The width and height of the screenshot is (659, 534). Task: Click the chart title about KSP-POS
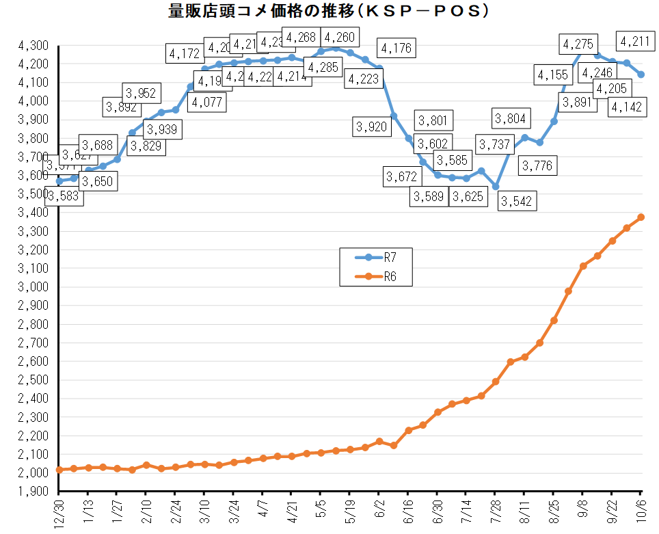point(329,12)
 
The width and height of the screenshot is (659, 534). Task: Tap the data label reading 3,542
point(516,201)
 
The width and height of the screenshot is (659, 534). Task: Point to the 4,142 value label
point(626,107)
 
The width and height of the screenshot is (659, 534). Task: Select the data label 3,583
point(64,197)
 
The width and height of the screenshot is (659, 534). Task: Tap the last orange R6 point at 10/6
point(641,217)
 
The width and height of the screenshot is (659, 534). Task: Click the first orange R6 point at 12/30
point(59,470)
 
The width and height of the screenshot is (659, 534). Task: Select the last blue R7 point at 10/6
point(641,75)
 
